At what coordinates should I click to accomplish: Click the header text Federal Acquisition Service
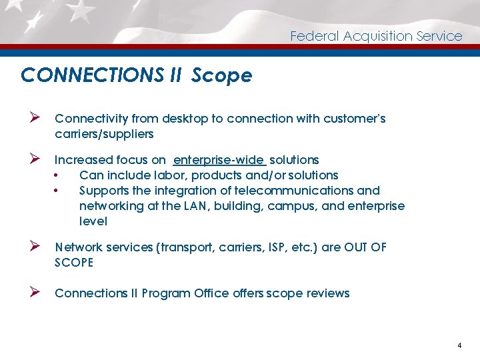(x=376, y=36)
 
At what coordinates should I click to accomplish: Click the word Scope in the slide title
(x=221, y=76)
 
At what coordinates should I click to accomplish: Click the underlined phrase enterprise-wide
(x=219, y=160)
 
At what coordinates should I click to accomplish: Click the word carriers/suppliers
(x=104, y=134)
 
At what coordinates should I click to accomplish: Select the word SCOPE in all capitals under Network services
(x=74, y=263)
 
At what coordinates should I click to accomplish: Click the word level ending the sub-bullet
(x=93, y=221)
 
